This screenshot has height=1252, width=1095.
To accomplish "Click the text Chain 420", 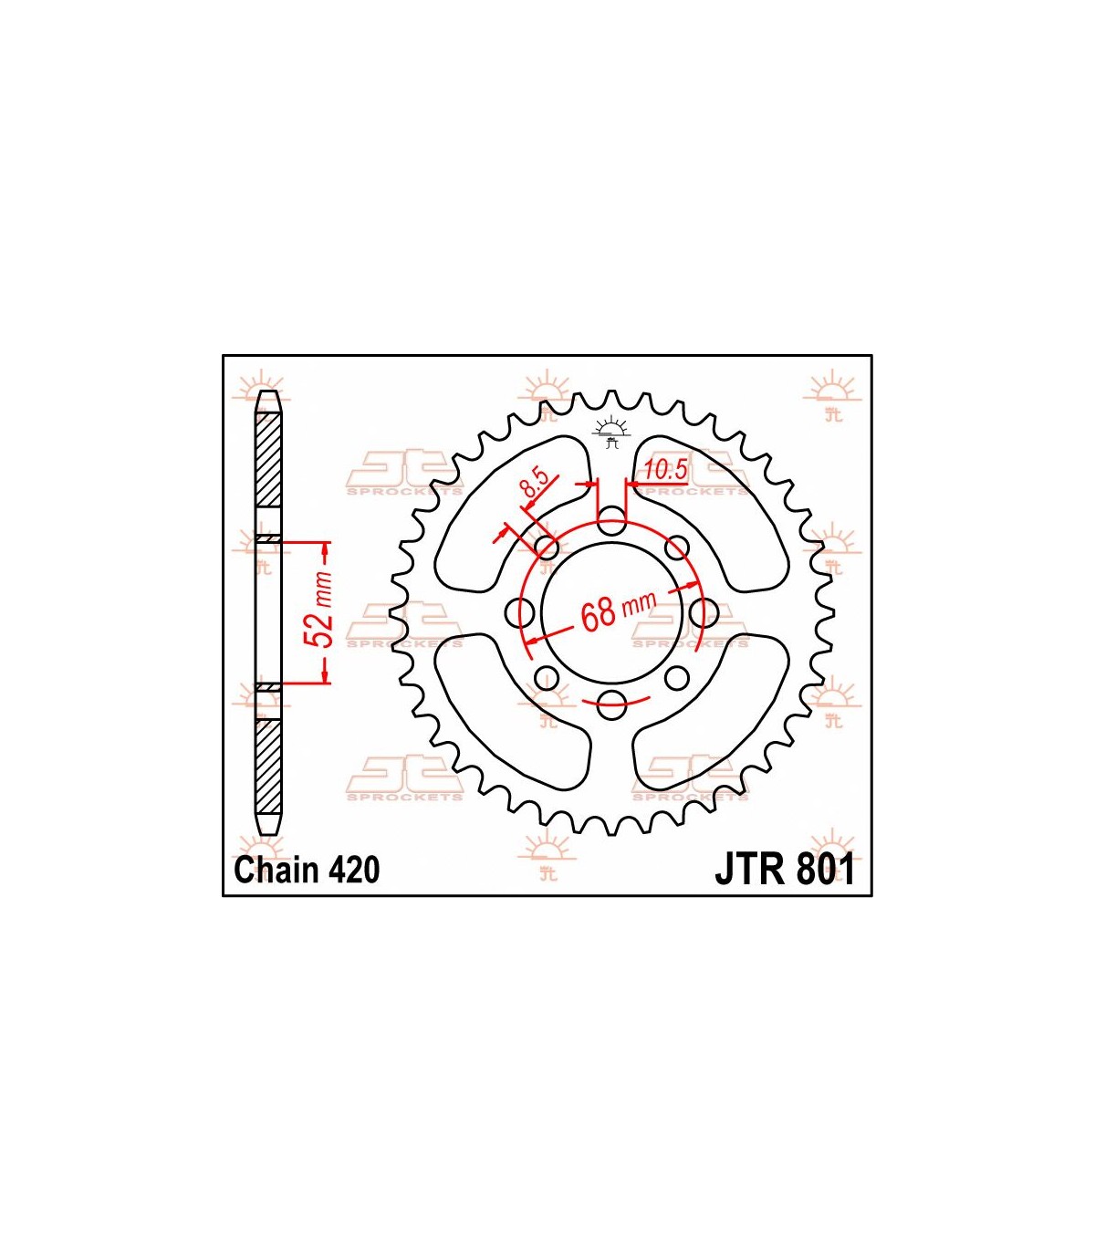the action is [307, 870].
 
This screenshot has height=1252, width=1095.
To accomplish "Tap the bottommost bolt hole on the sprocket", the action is [611, 705].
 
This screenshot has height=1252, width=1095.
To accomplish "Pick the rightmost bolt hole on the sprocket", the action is [704, 612].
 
